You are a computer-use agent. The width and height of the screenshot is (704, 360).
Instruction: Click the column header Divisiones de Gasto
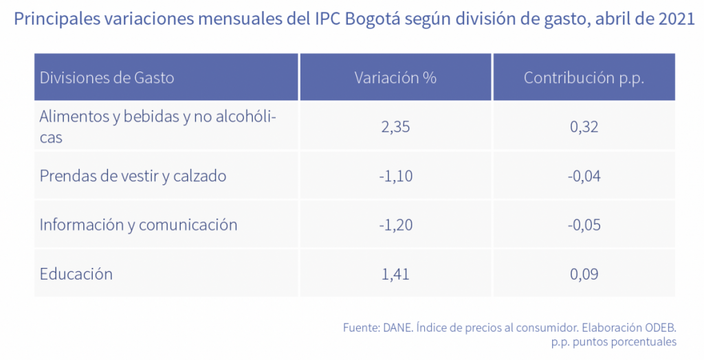(107, 78)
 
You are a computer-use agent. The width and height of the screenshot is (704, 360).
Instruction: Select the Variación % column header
(395, 78)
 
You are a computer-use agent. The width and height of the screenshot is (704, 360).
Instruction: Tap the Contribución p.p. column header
(584, 78)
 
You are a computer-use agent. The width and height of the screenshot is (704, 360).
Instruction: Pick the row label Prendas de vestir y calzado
(133, 176)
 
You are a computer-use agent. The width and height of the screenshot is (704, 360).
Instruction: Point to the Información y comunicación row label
(138, 225)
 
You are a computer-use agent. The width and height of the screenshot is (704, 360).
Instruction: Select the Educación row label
(76, 274)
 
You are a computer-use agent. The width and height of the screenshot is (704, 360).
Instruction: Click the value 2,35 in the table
(395, 127)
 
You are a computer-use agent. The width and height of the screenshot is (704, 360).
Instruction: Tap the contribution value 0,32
(584, 127)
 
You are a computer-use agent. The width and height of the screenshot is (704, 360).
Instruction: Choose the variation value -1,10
(395, 177)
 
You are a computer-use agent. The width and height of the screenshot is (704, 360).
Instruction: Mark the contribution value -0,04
(584, 177)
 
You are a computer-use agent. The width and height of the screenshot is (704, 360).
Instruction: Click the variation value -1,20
(395, 225)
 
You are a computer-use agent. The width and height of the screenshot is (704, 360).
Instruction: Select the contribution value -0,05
(584, 225)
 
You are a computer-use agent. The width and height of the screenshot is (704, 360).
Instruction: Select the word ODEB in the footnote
(660, 328)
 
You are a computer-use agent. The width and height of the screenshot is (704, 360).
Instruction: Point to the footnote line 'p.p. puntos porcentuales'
(614, 341)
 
